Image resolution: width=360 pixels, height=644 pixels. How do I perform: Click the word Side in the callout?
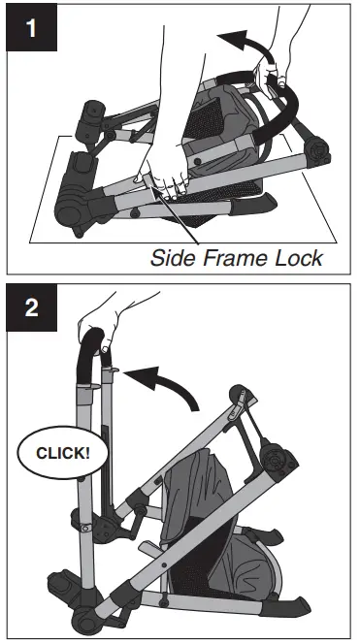(174, 257)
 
